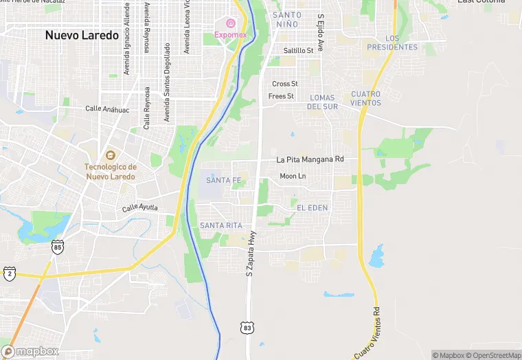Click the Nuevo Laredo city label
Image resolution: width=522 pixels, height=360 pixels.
(x=82, y=35)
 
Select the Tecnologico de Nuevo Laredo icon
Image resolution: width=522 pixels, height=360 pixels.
(x=110, y=155)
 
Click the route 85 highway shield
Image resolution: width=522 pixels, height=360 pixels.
(x=58, y=246)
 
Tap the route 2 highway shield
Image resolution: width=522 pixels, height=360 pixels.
(x=10, y=273)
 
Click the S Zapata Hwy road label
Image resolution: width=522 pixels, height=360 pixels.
(x=251, y=254)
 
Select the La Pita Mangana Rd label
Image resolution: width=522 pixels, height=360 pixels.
(x=310, y=159)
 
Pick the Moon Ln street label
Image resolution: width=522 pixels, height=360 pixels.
(x=293, y=177)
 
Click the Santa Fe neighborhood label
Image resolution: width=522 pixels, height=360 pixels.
(x=224, y=181)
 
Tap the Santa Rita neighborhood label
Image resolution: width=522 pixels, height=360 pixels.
(x=220, y=225)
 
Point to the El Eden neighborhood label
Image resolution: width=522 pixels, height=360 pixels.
(x=313, y=207)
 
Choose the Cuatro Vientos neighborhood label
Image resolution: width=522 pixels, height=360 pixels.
(x=365, y=98)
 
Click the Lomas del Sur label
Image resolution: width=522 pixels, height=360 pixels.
(x=322, y=102)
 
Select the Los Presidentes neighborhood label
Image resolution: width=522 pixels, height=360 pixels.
(x=392, y=43)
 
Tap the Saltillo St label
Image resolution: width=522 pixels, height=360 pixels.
(x=299, y=50)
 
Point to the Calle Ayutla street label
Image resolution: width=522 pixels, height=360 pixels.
(x=140, y=207)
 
